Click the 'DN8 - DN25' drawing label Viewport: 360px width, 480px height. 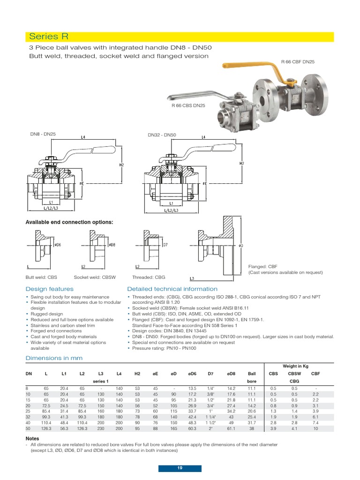pyautogui.click(x=43, y=135)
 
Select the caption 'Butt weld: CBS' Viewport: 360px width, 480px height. pyautogui.click(x=41, y=277)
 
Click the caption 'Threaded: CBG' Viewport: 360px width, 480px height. pyautogui.click(x=146, y=277)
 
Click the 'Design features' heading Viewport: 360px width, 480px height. pyautogui.click(x=49, y=289)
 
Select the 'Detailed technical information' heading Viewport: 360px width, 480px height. pyautogui.click(x=172, y=289)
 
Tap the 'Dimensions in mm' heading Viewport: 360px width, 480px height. pyautogui.click(x=54, y=358)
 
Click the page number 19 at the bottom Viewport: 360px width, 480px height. pyautogui.click(x=180, y=468)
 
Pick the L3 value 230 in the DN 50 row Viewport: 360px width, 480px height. pyautogui.click(x=101, y=428)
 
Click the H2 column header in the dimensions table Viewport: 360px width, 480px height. pyautogui.click(x=137, y=373)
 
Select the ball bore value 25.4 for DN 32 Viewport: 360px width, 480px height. pyautogui.click(x=252, y=416)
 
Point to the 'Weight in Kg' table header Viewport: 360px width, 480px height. pyautogui.click(x=296, y=366)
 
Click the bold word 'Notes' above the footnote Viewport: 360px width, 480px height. pyautogui.click(x=32, y=438)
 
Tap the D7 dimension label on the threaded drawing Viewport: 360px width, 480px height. pyautogui.click(x=165, y=245)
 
